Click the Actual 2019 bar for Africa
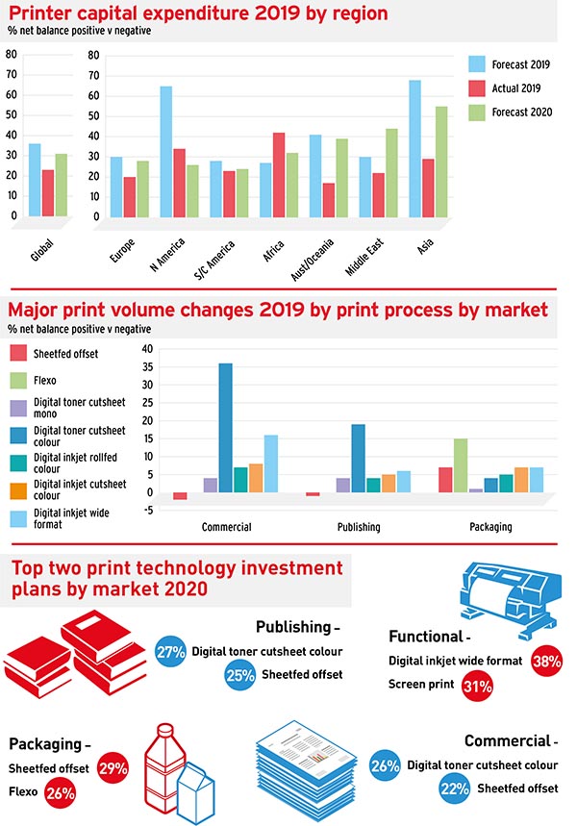[279, 175]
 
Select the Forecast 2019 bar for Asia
[415, 149]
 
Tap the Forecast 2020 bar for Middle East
[391, 173]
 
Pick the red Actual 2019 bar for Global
[48, 193]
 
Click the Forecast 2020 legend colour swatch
[477, 113]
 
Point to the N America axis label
[167, 255]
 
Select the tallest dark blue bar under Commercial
[226, 428]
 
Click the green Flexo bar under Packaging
[461, 465]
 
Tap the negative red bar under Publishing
[313, 494]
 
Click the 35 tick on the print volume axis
[147, 366]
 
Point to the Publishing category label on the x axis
[359, 527]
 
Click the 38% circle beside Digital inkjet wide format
[546, 661]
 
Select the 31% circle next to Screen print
[477, 686]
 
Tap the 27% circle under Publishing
[171, 652]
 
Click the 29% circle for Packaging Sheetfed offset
[113, 768]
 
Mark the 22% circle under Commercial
[454, 788]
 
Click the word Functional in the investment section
[426, 637]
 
